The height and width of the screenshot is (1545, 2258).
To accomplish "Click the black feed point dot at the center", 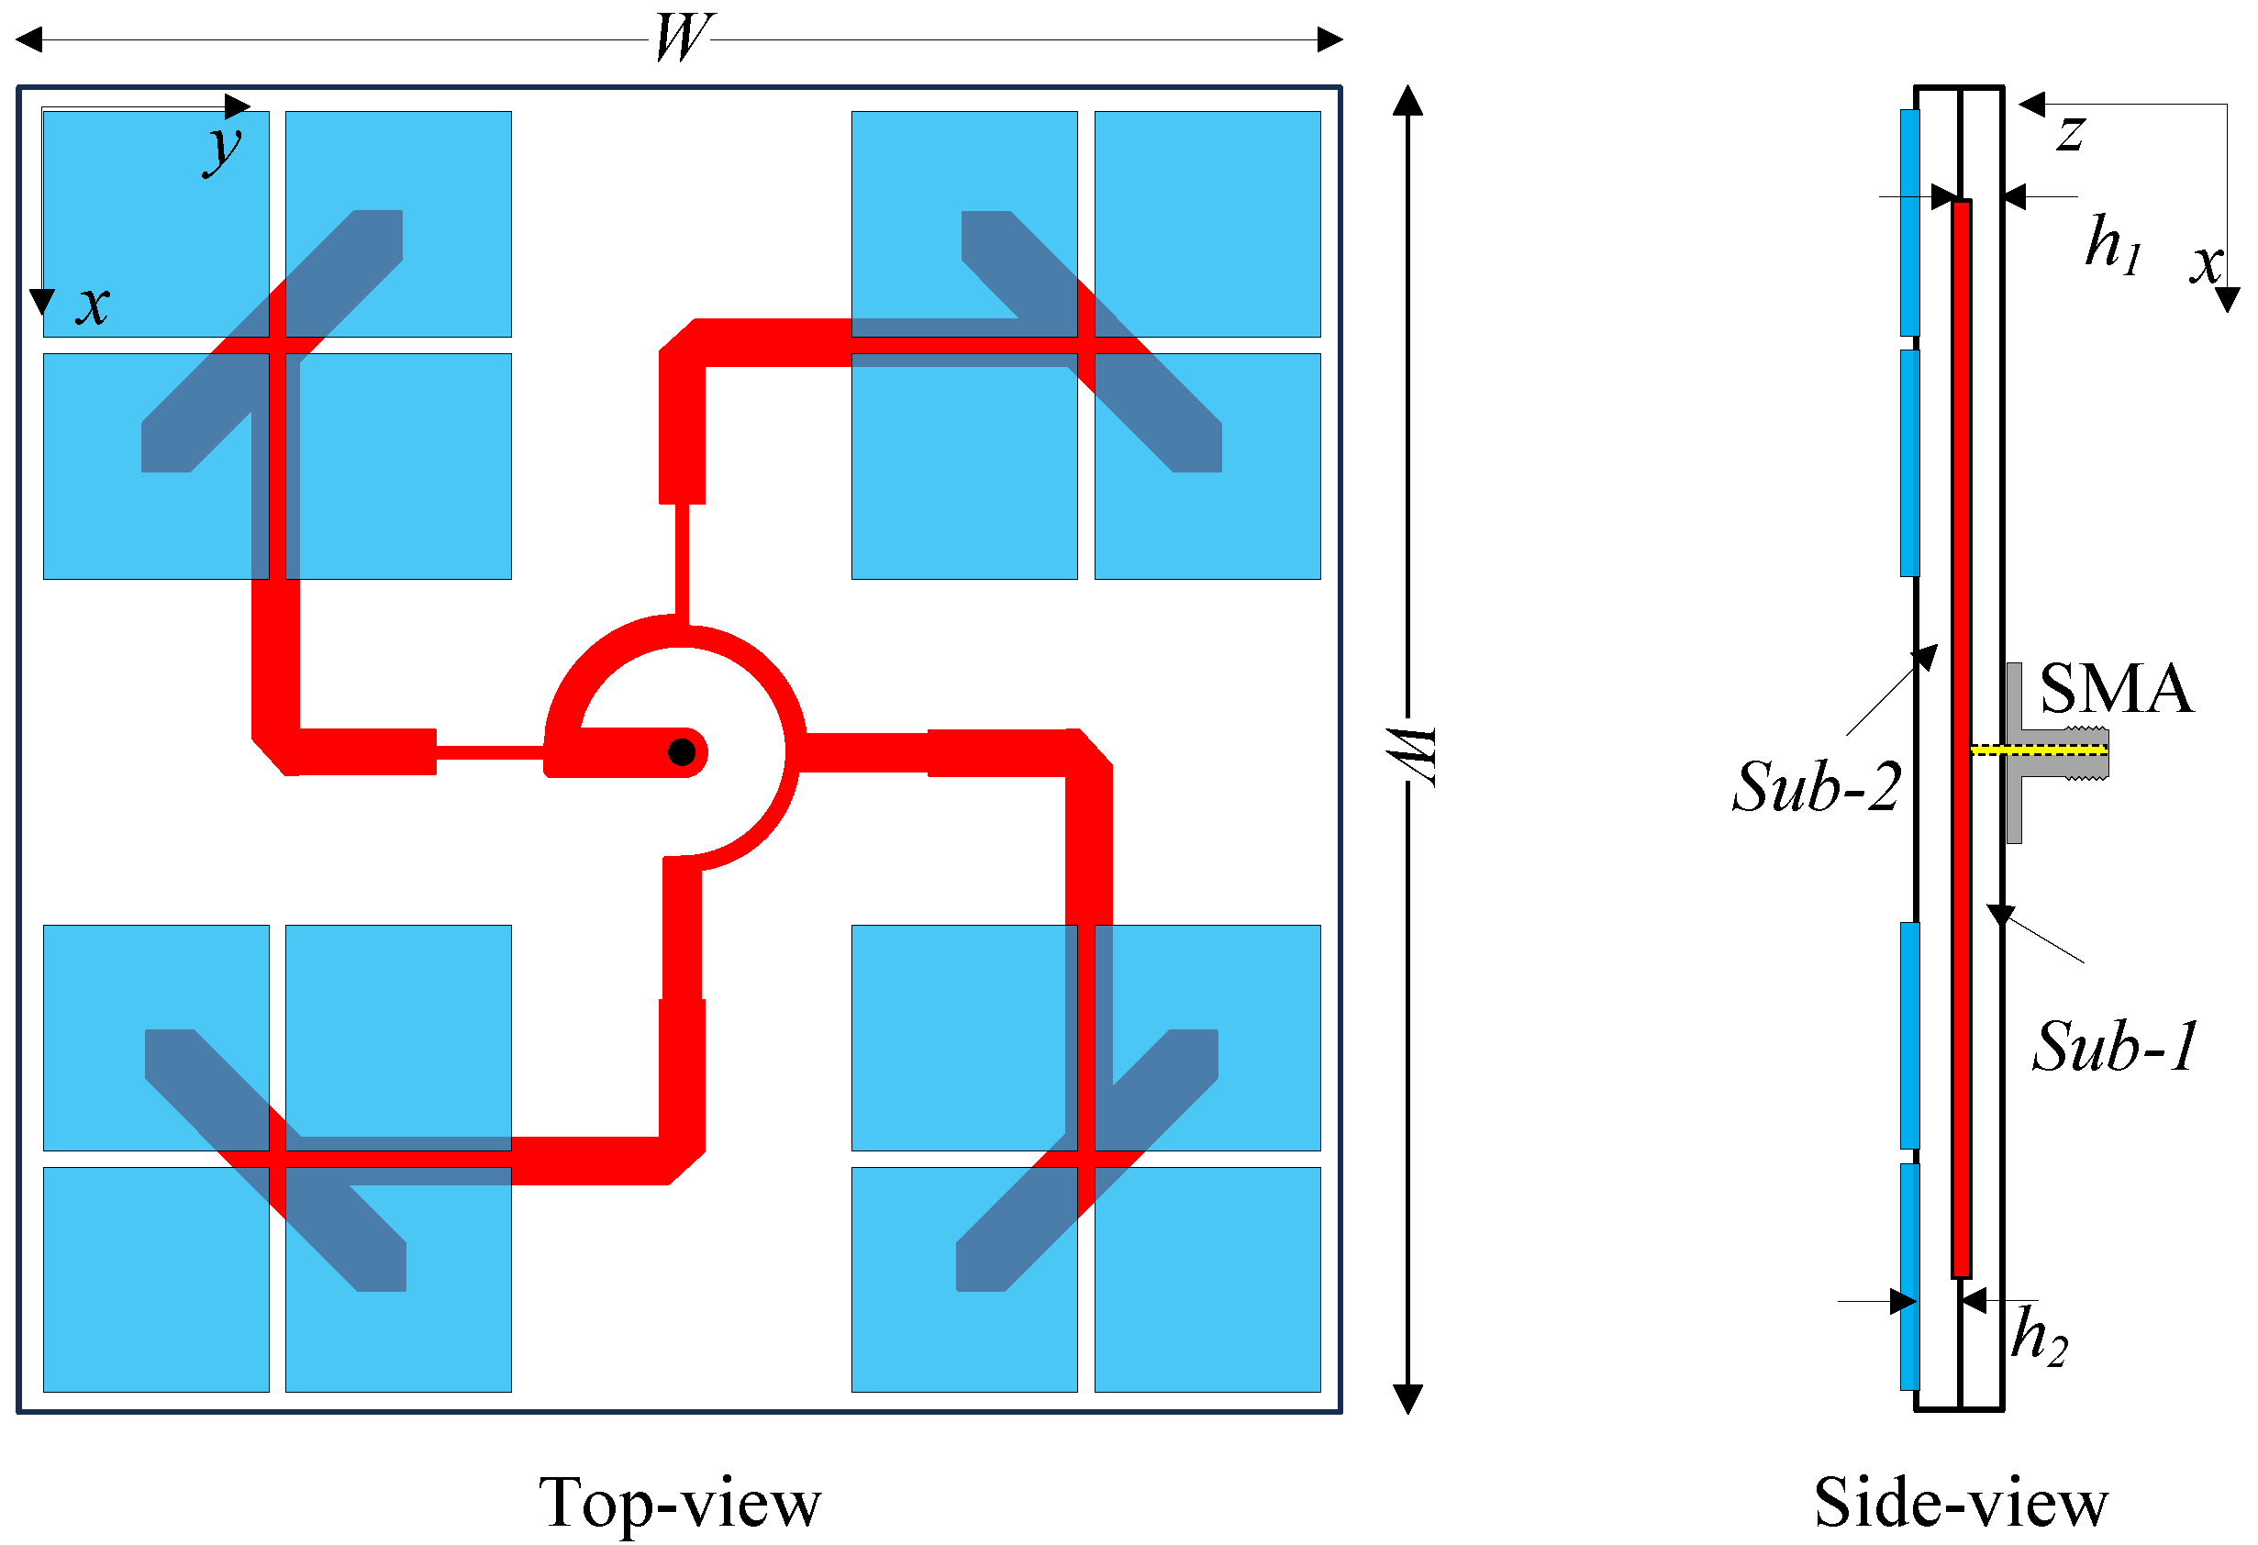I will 682,752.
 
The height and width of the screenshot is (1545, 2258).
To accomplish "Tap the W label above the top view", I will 683,37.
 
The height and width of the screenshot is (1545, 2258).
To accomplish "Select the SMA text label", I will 2116,689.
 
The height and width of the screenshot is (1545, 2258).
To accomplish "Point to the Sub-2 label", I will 1816,787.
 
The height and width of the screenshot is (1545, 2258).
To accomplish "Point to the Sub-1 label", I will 2114,1048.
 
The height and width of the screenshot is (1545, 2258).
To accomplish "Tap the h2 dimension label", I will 2040,1336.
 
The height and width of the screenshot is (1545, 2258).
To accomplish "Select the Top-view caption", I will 680,1502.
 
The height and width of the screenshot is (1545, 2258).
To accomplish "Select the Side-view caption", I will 1961,1502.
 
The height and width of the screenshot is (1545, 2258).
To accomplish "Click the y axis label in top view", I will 225,148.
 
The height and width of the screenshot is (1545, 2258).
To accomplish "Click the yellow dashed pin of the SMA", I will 2039,750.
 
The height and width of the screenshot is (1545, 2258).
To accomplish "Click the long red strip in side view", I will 1961,739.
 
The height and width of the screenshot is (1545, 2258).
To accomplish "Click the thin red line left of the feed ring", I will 490,752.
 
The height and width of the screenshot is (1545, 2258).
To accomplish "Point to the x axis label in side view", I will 2207,263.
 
